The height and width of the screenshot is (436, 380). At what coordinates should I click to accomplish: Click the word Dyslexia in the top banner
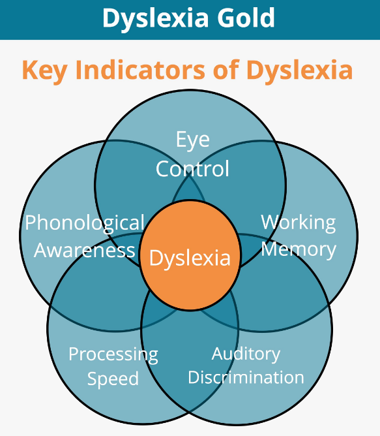156,18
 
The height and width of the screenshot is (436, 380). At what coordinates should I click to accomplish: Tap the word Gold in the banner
246,18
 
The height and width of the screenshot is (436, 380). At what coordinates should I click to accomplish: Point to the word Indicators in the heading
140,69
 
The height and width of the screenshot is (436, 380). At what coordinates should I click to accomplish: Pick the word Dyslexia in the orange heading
299,70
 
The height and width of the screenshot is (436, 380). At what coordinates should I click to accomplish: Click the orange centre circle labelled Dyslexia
190,255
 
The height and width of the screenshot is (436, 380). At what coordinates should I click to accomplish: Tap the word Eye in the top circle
193,140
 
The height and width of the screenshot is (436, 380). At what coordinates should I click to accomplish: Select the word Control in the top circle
192,168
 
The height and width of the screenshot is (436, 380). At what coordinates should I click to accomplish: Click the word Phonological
85,223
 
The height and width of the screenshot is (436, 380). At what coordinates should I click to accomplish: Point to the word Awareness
85,250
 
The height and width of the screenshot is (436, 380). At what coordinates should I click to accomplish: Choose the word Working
299,223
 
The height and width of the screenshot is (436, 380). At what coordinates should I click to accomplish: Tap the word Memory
299,250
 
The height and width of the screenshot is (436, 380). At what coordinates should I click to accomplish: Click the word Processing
113,355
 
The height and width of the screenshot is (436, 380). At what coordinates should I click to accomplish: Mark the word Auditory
246,354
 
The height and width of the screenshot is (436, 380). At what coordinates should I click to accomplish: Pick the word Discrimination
246,377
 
